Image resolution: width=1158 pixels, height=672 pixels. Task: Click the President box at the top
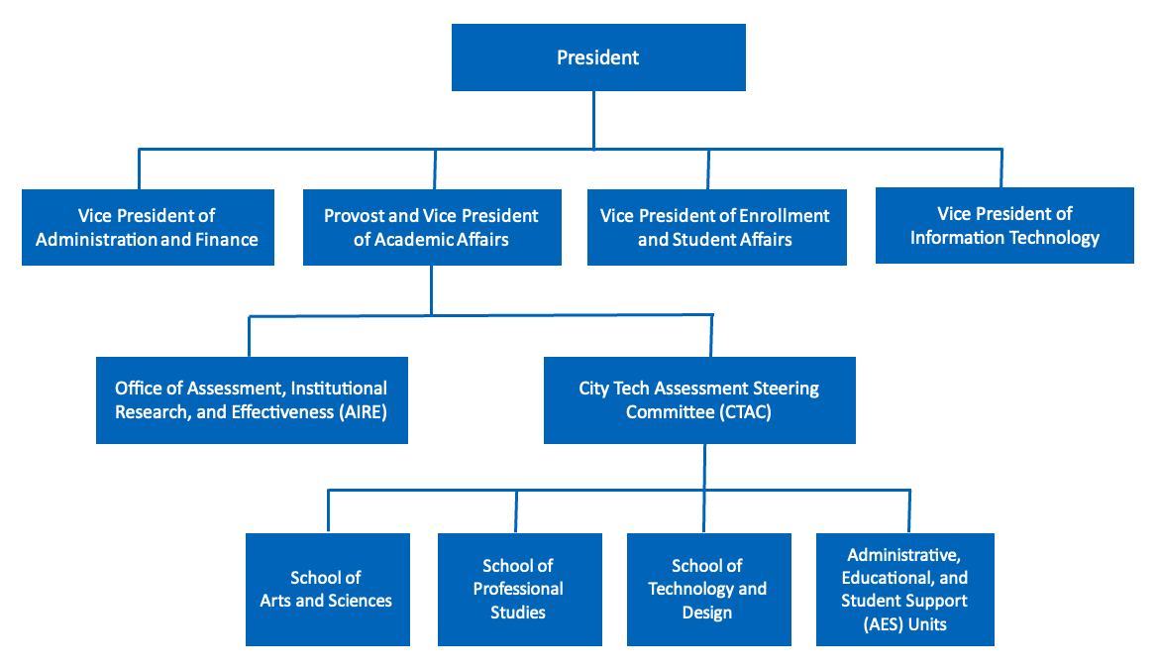(598, 57)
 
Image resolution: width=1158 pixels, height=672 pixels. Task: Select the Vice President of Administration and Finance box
(147, 227)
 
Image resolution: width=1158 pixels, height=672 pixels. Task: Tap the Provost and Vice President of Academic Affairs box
(431, 227)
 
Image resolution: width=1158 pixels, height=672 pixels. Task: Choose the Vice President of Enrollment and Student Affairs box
(715, 227)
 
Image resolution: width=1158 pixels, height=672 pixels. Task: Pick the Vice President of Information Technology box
(1004, 226)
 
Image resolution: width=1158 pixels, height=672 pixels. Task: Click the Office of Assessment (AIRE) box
(251, 399)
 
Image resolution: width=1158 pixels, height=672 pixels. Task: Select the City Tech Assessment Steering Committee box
(698, 399)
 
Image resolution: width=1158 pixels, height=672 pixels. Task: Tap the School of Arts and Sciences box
(327, 589)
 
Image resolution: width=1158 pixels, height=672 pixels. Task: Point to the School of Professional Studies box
(518, 589)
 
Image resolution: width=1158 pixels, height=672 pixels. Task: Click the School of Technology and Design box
(707, 589)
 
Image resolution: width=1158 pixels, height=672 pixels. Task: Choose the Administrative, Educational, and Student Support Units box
(904, 589)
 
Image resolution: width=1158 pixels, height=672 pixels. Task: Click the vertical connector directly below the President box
(594, 119)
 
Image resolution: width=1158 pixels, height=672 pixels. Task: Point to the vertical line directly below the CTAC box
(704, 466)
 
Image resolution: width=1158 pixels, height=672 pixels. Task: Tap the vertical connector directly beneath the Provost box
(431, 290)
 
